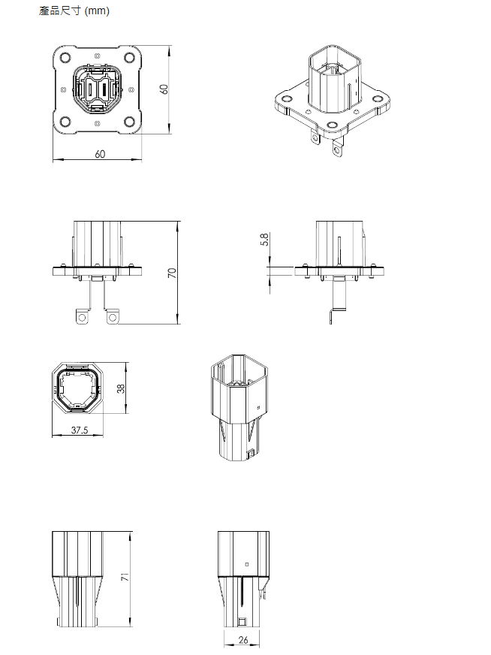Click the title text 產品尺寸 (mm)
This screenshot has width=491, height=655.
(x=74, y=11)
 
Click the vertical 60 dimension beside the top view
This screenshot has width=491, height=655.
(x=164, y=89)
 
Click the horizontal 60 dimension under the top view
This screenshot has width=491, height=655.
(x=100, y=154)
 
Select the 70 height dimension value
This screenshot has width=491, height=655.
(x=172, y=273)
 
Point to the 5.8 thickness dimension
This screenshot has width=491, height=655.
(x=264, y=240)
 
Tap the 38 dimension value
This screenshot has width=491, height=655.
(x=121, y=388)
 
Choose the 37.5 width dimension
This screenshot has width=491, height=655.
(x=80, y=430)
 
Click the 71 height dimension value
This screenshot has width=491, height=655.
(x=125, y=577)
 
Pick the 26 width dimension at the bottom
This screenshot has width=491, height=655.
(x=243, y=639)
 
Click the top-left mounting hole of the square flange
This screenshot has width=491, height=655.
(x=65, y=58)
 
